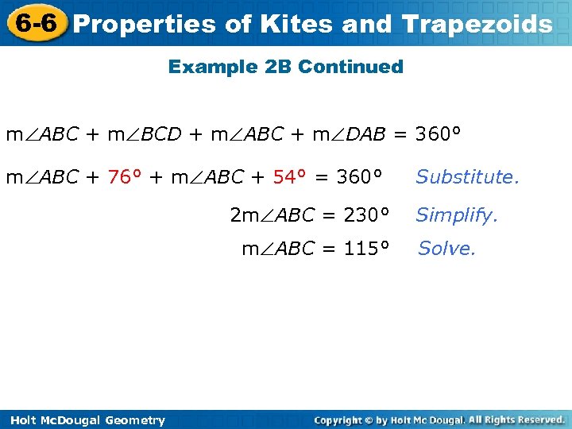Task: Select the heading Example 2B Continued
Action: click(x=285, y=67)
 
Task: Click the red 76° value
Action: click(x=126, y=176)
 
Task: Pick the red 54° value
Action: click(x=290, y=176)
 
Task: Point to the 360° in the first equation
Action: click(x=438, y=134)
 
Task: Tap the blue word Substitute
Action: click(x=467, y=176)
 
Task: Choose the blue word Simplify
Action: click(x=456, y=214)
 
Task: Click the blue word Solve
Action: click(x=446, y=249)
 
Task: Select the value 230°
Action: click(x=366, y=214)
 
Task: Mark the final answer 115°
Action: click(x=366, y=249)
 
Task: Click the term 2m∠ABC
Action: click(x=270, y=214)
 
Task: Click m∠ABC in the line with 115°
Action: click(x=277, y=249)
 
